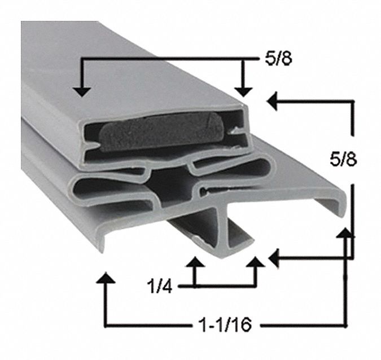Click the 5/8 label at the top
[278, 59]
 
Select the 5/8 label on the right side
[343, 160]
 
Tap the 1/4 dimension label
[160, 286]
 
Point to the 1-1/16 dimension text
[225, 324]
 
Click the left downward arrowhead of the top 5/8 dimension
[82, 92]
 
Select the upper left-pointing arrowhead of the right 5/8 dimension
[272, 101]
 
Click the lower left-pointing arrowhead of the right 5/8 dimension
[274, 258]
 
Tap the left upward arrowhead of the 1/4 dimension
[195, 262]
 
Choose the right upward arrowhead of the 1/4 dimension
[255, 262]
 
